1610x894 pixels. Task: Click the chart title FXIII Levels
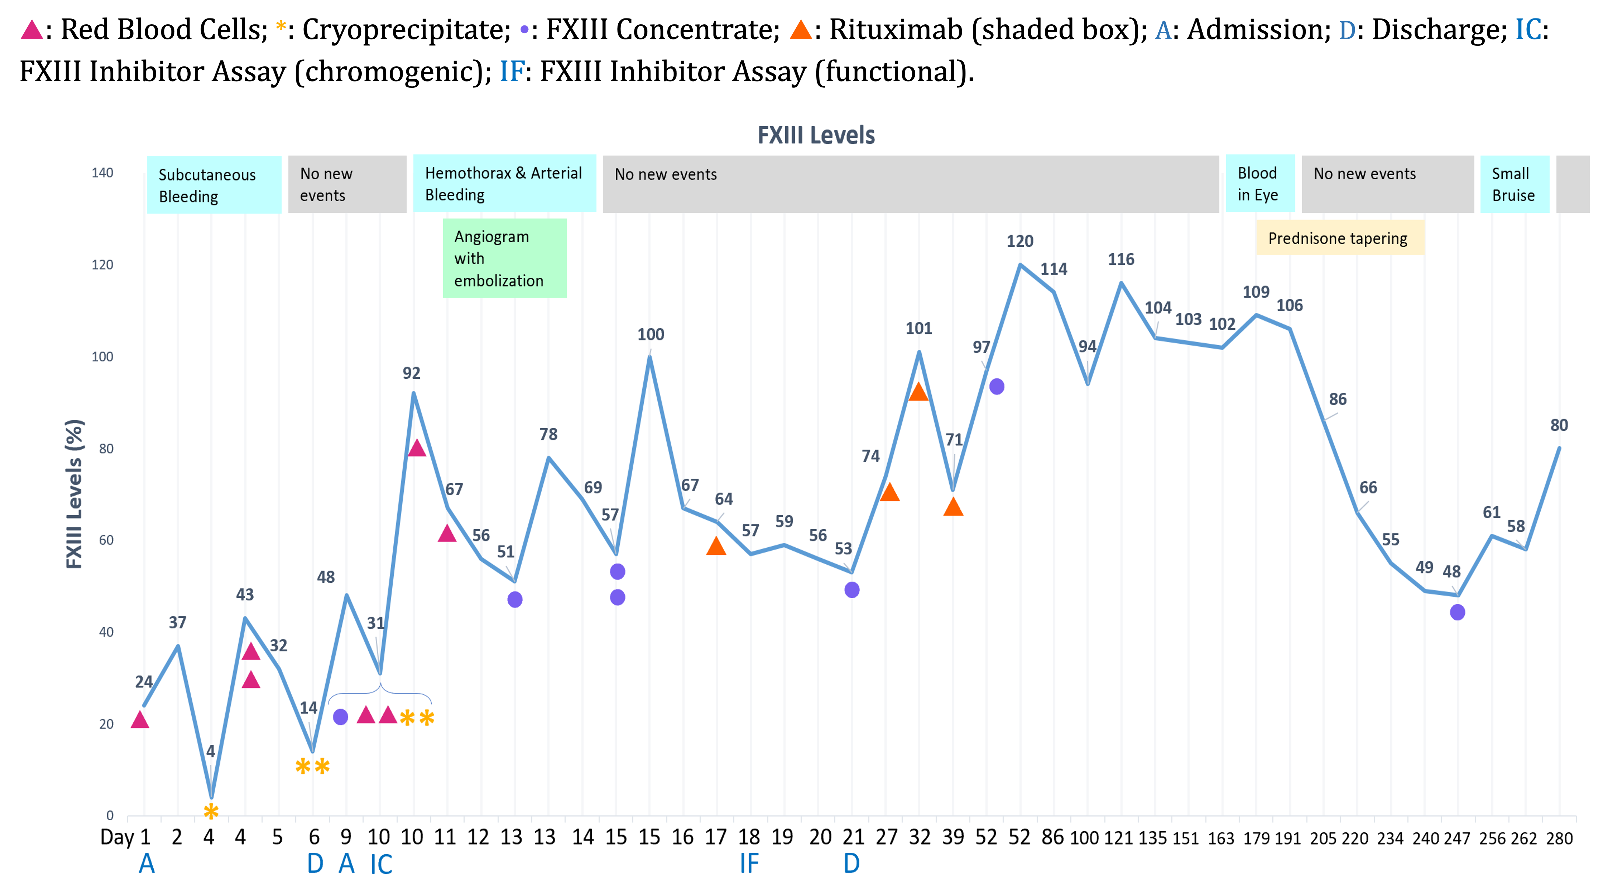pos(816,135)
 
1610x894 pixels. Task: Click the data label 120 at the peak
pos(1019,241)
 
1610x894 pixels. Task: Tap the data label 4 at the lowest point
pos(211,751)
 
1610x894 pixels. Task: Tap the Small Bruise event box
pos(1514,184)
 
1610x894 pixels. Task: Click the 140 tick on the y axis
pos(102,173)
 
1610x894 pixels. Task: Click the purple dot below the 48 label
pos(1457,613)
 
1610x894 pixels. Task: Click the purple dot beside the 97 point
pos(997,387)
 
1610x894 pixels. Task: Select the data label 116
pos(1121,259)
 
